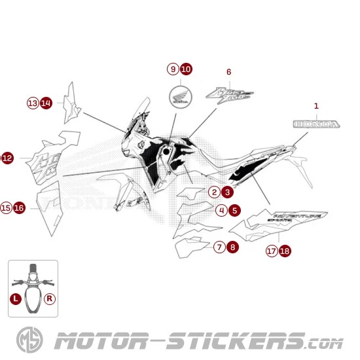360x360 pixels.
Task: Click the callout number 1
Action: (316, 105)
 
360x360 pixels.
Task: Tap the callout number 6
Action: (228, 71)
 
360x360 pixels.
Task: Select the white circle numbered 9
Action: (173, 69)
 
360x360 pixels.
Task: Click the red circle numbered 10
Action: (186, 69)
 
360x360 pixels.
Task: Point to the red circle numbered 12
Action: (7, 158)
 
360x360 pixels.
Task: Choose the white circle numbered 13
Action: (33, 103)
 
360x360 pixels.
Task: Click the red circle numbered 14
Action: (46, 103)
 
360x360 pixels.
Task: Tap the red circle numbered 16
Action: (19, 207)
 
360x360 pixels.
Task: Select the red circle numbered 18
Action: (285, 251)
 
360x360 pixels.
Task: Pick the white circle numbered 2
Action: (214, 192)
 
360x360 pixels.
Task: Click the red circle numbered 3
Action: (226, 192)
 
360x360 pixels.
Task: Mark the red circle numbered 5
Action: (234, 210)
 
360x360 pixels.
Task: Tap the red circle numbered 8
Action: (232, 247)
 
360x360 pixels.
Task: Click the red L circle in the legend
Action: (16, 298)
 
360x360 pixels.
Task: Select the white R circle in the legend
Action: (50, 298)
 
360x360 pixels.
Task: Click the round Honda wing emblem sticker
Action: (179, 99)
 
